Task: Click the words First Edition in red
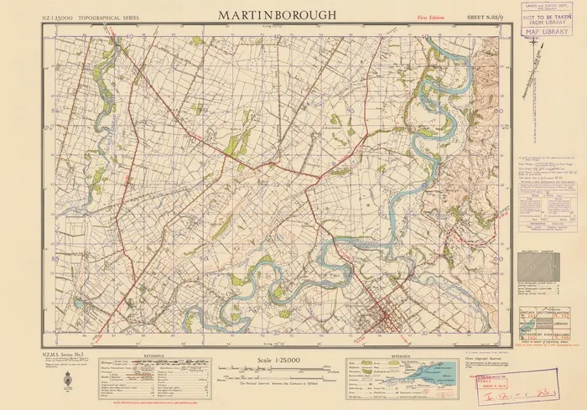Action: pos(431,17)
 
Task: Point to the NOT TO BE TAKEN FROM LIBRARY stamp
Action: pos(545,18)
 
